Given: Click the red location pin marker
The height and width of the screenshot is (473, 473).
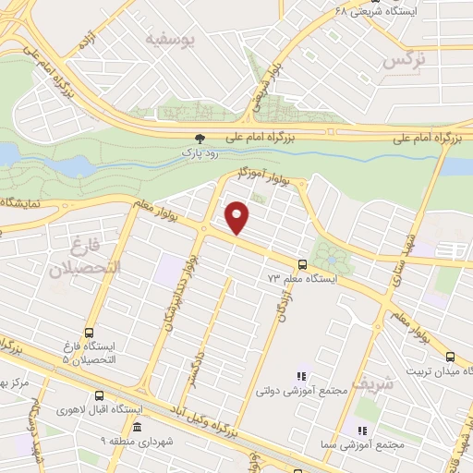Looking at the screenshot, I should [238, 217].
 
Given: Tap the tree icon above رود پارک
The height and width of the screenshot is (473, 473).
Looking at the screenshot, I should [188, 137].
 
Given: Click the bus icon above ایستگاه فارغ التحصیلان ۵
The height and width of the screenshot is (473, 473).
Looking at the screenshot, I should [89, 332].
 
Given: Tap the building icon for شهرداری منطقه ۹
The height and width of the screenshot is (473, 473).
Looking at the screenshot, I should [137, 427].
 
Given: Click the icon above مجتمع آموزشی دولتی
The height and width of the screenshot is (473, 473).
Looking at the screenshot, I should [300, 375].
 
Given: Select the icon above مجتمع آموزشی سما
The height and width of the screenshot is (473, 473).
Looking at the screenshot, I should [362, 431].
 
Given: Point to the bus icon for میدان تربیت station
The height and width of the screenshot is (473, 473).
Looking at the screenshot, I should [450, 356].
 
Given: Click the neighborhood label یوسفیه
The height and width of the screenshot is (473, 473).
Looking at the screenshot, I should [173, 40].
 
